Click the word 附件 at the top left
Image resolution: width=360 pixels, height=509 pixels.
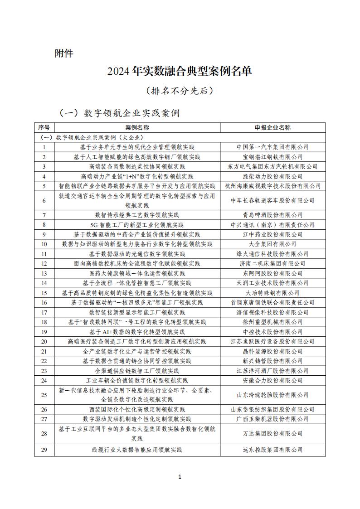click(63, 53)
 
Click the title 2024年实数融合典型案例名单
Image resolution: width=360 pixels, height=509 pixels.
click(180, 71)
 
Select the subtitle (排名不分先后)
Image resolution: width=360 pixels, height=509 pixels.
click(180, 91)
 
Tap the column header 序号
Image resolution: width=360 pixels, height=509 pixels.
click(44, 127)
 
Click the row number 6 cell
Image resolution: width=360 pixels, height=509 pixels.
click(44, 200)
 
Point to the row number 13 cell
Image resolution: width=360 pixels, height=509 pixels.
click(44, 273)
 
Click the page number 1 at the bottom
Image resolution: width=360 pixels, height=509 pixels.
click(180, 476)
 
